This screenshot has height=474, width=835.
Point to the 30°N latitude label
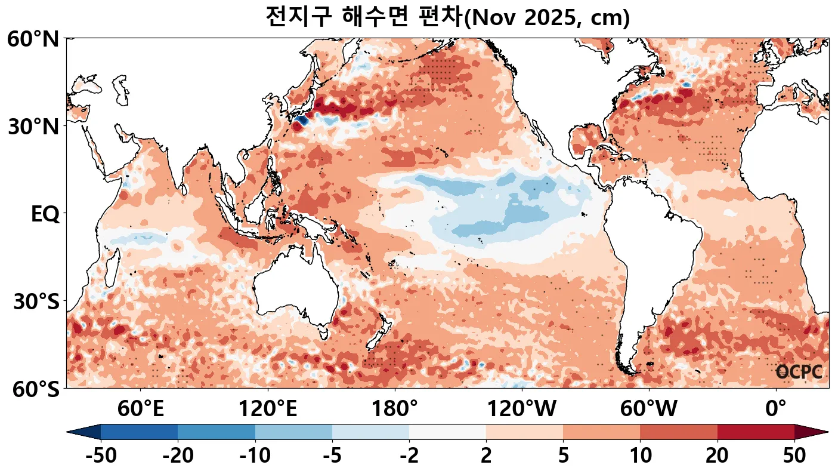33,127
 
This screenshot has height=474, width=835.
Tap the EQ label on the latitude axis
45,214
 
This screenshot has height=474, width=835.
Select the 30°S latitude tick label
36,302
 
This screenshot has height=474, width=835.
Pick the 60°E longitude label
141,410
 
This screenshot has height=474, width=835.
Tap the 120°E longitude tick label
268,410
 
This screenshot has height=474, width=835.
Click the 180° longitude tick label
395,410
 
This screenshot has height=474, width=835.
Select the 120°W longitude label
522,410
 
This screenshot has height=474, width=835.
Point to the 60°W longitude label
649,410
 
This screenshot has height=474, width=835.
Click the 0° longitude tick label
775,410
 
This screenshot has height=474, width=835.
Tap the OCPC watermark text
799,373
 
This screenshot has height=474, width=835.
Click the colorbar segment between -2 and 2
447,432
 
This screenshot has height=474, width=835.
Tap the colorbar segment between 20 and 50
756,432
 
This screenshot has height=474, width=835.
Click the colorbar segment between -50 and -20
139,432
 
